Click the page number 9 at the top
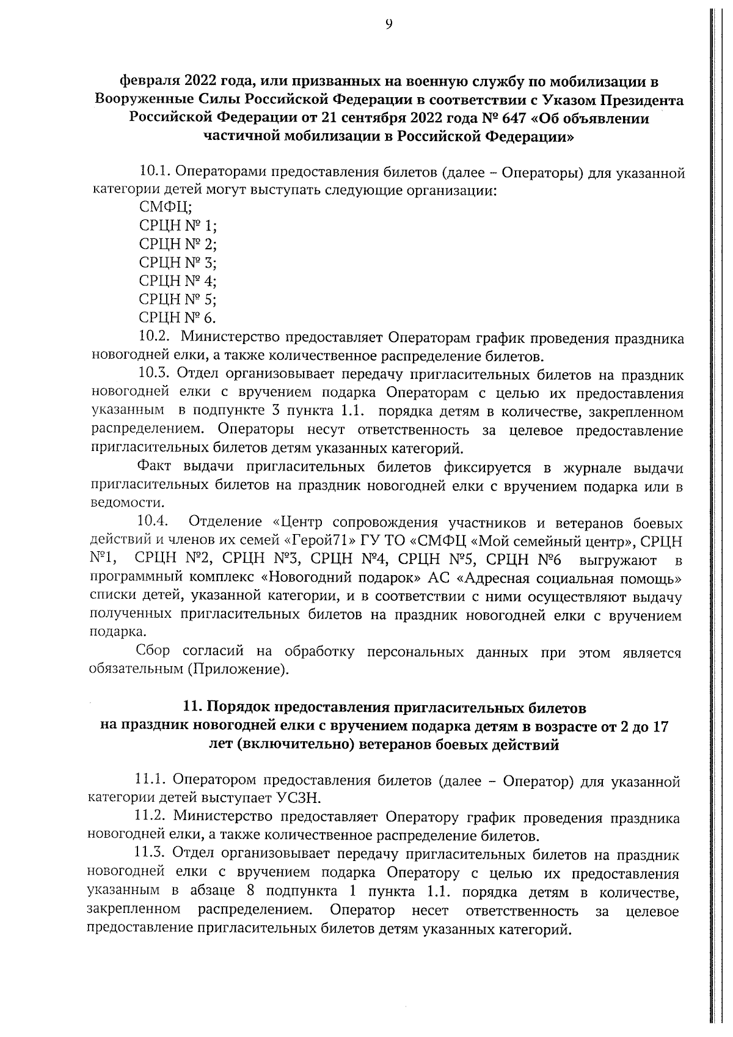tap(388, 24)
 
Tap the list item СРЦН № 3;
tap(178, 263)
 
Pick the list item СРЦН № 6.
tap(177, 318)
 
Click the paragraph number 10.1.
tap(152, 172)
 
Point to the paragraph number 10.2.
tap(153, 337)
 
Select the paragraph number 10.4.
tap(153, 521)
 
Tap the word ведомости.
tap(118, 504)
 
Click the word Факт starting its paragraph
tap(157, 467)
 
